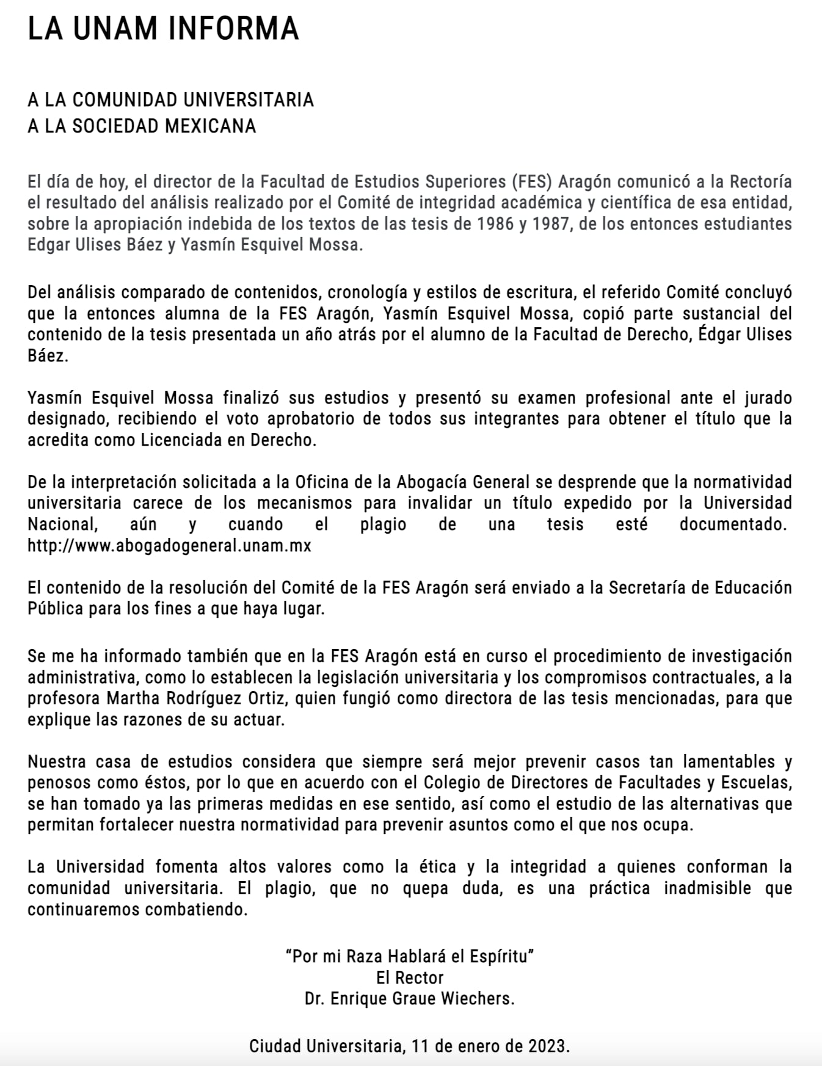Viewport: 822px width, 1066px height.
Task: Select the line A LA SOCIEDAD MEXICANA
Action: pyautogui.click(x=142, y=126)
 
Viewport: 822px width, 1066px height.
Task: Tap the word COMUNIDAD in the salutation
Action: pyautogui.click(x=126, y=100)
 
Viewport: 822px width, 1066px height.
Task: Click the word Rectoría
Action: pyautogui.click(x=759, y=182)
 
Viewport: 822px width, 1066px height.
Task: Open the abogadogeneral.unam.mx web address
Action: pyautogui.click(x=169, y=545)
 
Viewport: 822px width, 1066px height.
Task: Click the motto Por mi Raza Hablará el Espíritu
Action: pyautogui.click(x=410, y=956)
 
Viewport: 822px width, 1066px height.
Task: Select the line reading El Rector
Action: pyautogui.click(x=410, y=977)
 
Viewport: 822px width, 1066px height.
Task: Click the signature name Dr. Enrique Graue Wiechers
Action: pyautogui.click(x=410, y=999)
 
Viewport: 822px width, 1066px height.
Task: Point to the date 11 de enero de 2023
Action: pyautogui.click(x=490, y=1046)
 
